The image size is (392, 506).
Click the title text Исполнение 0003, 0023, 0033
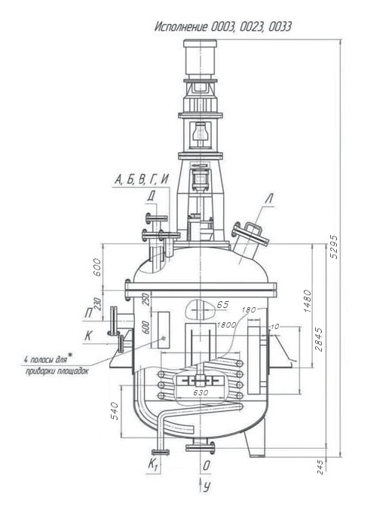pos(222,26)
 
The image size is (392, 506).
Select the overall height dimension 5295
pos(334,246)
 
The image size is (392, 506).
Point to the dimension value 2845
pos(319,339)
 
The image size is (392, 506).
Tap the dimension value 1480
pos(307,300)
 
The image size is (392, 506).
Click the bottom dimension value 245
pos(319,467)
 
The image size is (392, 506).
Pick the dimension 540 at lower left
pos(115,411)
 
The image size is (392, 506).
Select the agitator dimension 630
pos(201,393)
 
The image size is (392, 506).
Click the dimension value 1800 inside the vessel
pos(226,325)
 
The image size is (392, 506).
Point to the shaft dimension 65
pos(222,305)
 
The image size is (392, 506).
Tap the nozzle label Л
pos(269,199)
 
